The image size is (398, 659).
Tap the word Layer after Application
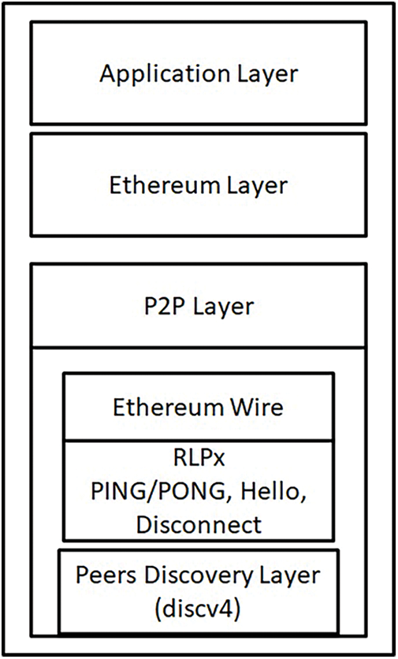(x=266, y=74)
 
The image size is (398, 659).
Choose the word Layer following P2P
(x=221, y=305)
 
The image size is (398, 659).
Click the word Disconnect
(x=198, y=524)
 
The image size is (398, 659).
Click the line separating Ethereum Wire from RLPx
(x=198, y=441)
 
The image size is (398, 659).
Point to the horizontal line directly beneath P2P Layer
(x=198, y=347)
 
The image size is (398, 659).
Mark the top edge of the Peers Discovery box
(x=198, y=550)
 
